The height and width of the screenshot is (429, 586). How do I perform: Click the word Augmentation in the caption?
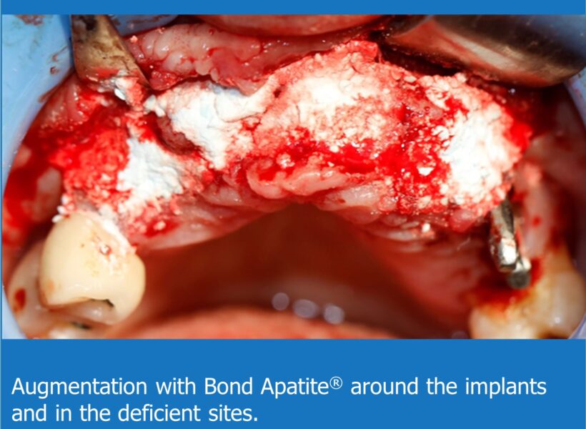click(x=79, y=387)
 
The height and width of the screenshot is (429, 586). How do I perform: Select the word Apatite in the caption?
click(x=295, y=387)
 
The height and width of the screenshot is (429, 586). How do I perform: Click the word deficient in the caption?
click(x=167, y=413)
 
